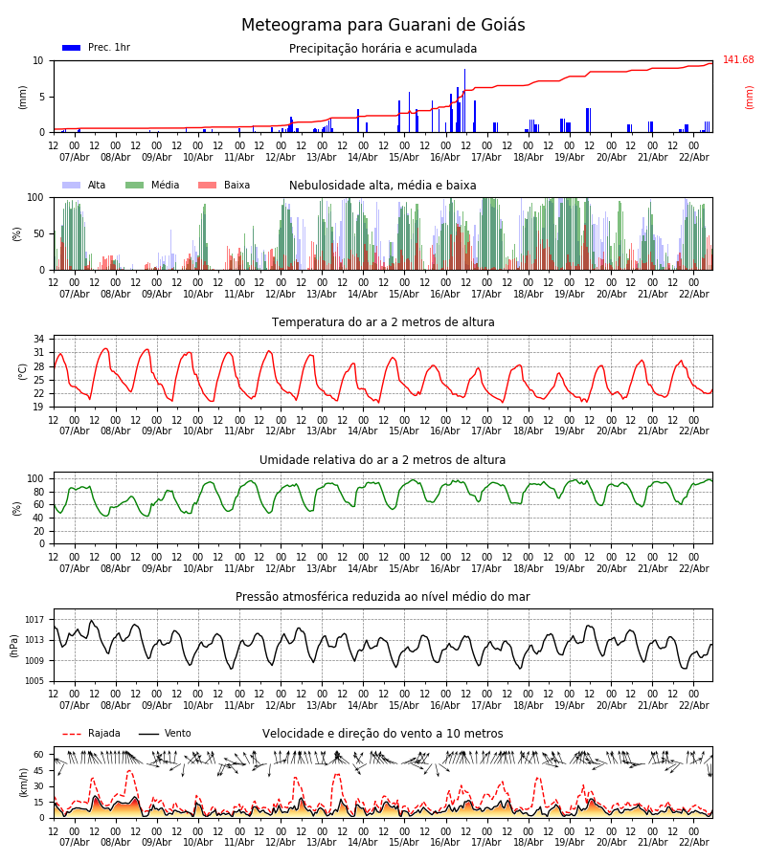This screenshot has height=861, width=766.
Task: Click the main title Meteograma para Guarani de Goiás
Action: point(383,26)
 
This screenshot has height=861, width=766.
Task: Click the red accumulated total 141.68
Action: point(738,60)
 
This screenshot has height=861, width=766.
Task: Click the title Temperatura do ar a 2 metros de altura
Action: point(383,322)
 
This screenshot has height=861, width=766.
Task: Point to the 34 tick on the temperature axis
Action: point(39,340)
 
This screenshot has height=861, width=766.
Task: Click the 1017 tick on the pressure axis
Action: point(34,620)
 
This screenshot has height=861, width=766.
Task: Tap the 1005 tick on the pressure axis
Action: point(34,681)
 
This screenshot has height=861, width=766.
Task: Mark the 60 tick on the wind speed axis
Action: point(39,755)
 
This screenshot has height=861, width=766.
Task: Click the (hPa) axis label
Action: point(15,645)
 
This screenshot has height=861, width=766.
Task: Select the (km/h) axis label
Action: point(23,782)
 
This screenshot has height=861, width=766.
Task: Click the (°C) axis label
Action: point(23,370)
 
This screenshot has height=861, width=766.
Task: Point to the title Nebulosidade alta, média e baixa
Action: point(383,186)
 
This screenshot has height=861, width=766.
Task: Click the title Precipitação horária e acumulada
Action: point(383,49)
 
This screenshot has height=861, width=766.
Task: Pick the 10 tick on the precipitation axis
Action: point(39,60)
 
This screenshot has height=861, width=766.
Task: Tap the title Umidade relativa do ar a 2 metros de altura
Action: point(383,460)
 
